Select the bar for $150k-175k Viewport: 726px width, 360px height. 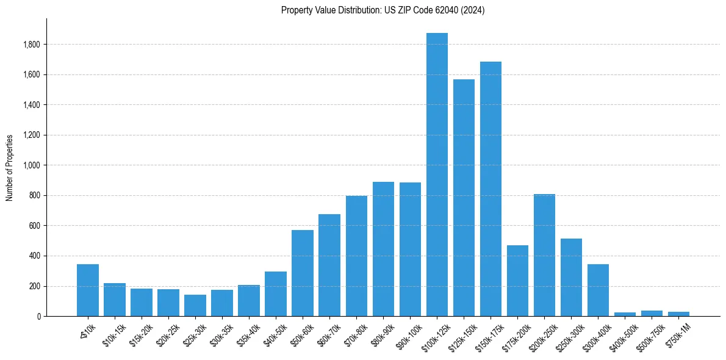(491, 189)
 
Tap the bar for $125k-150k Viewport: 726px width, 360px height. (464, 198)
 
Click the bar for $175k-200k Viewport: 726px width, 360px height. (517, 281)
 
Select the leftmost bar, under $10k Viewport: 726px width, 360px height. (88, 290)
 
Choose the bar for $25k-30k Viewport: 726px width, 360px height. (195, 305)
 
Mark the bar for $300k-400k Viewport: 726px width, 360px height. (598, 290)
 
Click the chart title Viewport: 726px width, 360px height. (383, 10)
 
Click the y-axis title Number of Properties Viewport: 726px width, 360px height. (10, 167)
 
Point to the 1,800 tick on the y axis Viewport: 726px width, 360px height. (31, 45)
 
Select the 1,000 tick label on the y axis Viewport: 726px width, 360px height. (31, 165)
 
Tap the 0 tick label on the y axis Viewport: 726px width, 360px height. (38, 316)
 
